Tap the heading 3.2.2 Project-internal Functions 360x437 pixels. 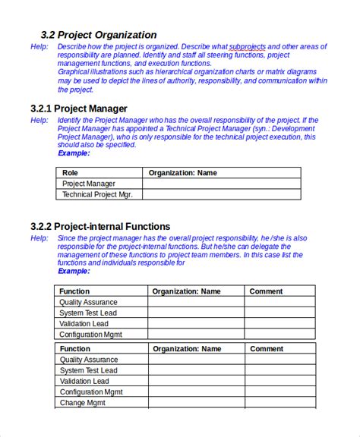click(x=100, y=226)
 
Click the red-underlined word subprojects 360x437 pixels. click(x=248, y=47)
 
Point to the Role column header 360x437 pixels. click(x=70, y=173)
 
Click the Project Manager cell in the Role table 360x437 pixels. click(x=89, y=184)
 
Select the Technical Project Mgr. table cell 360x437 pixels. click(x=97, y=194)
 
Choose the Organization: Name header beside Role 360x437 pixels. click(x=182, y=173)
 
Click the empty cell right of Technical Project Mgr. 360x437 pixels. click(x=221, y=194)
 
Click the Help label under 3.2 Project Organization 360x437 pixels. click(x=39, y=47)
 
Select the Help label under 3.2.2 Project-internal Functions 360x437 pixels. click(x=39, y=238)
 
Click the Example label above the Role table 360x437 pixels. click(x=74, y=153)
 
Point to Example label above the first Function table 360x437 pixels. click(x=74, y=272)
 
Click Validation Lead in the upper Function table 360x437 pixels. click(x=86, y=323)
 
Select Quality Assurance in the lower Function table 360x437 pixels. click(x=89, y=360)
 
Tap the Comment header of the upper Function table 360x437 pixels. click(x=267, y=291)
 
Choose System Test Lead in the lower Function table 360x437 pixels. click(x=88, y=370)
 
